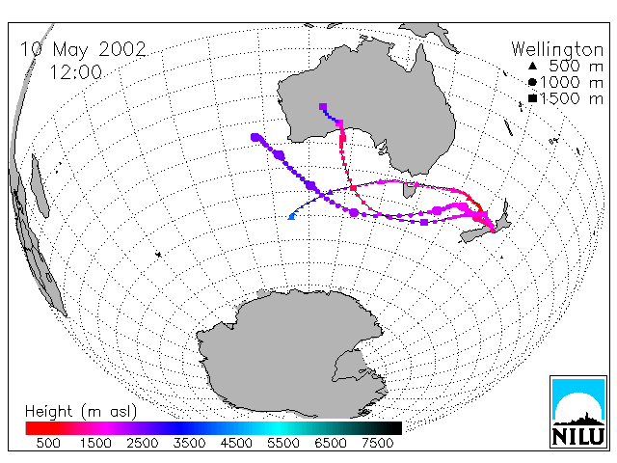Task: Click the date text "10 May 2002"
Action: click(83, 49)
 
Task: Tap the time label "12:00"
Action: click(75, 72)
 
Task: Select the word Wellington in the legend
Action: click(557, 49)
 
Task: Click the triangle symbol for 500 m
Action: click(532, 66)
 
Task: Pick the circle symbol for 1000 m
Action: click(532, 82)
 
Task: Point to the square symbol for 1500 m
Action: click(532, 98)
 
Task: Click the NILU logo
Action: click(578, 412)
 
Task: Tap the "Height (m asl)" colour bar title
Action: click(81, 412)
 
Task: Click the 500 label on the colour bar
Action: click(48, 443)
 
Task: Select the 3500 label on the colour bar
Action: click(189, 443)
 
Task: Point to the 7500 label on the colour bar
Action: click(377, 443)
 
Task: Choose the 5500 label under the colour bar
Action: click(283, 443)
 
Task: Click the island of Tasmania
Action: click(409, 191)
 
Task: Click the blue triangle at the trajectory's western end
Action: click(291, 216)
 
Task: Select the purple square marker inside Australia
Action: click(323, 107)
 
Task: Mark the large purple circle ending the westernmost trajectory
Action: click(255, 137)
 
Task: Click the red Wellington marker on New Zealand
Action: click(493, 231)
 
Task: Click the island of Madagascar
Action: click(40, 185)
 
